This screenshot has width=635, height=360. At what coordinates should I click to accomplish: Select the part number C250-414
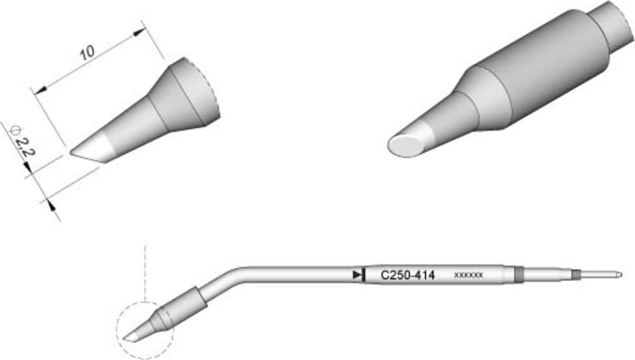tap(407, 275)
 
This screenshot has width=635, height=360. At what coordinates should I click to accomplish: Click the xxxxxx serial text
tap(468, 275)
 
